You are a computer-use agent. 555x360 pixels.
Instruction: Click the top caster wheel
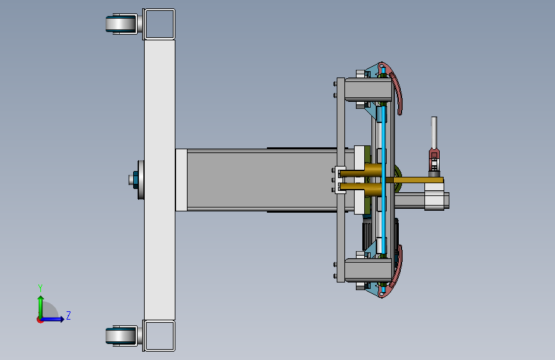tap(121, 24)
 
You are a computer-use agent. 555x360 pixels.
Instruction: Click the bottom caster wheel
tap(121, 336)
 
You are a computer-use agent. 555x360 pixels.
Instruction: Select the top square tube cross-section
tap(159, 24)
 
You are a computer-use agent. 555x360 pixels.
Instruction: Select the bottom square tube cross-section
tap(159, 336)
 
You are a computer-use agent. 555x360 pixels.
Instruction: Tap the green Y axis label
tap(40, 288)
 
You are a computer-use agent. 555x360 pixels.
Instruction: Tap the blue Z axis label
tap(68, 315)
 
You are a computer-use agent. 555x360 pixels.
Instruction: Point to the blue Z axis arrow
tap(52, 319)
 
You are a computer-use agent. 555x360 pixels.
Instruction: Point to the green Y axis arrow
tap(41, 308)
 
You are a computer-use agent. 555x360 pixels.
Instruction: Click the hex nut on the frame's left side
tap(135, 179)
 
